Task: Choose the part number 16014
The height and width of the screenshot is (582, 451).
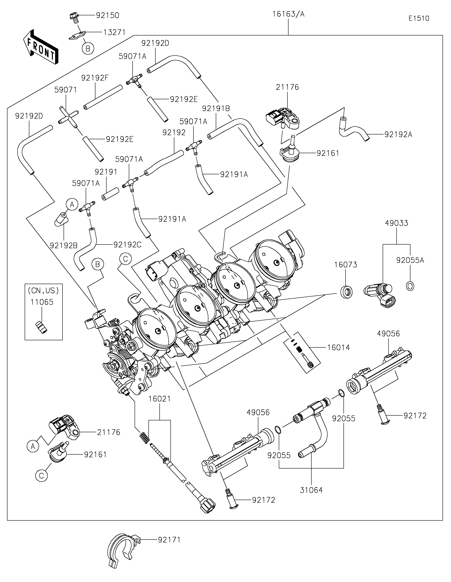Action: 338,347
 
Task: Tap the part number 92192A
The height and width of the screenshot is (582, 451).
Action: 398,135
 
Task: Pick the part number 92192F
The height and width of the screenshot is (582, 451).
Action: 95,78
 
